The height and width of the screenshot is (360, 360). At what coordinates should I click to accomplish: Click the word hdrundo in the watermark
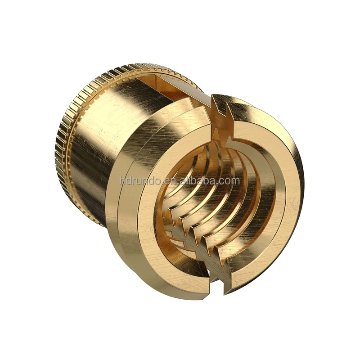coord(140,181)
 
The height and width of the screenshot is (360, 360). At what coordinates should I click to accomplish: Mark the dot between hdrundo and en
coord(162,184)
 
